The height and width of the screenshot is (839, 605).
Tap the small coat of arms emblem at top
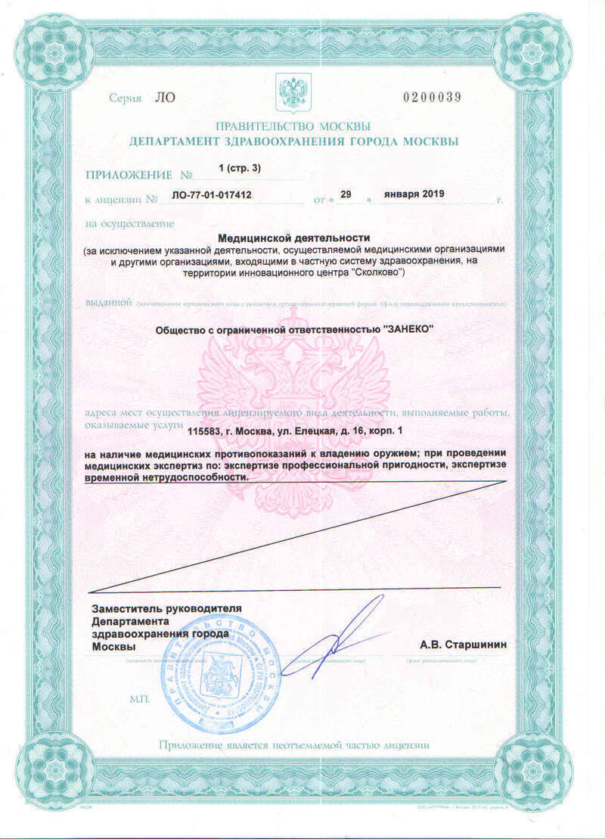290,92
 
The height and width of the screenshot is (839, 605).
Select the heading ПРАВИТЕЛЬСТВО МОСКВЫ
293,126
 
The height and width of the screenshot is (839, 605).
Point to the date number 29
346,194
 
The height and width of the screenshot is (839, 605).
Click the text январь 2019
414,194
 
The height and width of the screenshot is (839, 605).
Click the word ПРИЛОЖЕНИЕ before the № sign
129,175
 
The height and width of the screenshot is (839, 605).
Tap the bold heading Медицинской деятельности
293,238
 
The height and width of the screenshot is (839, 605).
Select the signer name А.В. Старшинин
464,645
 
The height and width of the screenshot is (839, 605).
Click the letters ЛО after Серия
164,98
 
